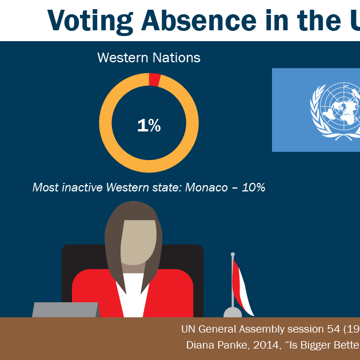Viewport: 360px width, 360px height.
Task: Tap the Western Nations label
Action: (x=149, y=58)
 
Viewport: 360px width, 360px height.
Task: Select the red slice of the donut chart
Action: (x=154, y=79)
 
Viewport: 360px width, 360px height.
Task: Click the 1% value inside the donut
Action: (x=149, y=126)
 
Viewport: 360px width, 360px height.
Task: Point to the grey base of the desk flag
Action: (x=233, y=312)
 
